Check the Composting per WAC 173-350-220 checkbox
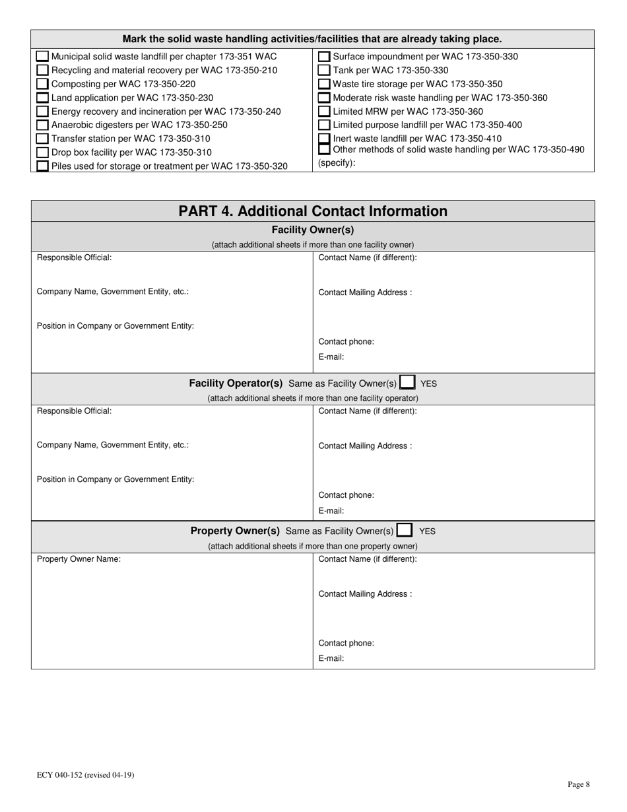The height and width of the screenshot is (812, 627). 42,84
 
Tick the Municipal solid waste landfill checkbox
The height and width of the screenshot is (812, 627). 42,57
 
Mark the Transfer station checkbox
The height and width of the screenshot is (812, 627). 42,139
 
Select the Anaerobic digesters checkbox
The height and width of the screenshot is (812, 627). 42,125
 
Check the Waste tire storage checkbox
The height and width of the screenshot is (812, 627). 324,84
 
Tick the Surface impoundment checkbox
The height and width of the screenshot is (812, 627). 324,57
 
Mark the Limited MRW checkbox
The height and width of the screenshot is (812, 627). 324,112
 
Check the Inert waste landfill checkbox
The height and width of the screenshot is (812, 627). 324,139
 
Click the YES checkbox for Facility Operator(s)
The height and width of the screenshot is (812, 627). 407,382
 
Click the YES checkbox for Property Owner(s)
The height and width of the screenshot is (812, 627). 405,530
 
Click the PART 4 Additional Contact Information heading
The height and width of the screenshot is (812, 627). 313,211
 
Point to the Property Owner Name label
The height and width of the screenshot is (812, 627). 79,559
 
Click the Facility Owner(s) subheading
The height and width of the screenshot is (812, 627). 313,230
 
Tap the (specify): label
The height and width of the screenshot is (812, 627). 337,163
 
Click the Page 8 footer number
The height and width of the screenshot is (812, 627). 578,784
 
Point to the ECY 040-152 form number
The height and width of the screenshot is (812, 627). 85,775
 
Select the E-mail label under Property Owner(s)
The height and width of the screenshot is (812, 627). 331,658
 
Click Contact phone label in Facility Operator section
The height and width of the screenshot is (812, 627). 346,495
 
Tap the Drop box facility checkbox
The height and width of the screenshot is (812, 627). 42,152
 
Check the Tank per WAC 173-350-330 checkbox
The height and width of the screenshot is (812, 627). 324,70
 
